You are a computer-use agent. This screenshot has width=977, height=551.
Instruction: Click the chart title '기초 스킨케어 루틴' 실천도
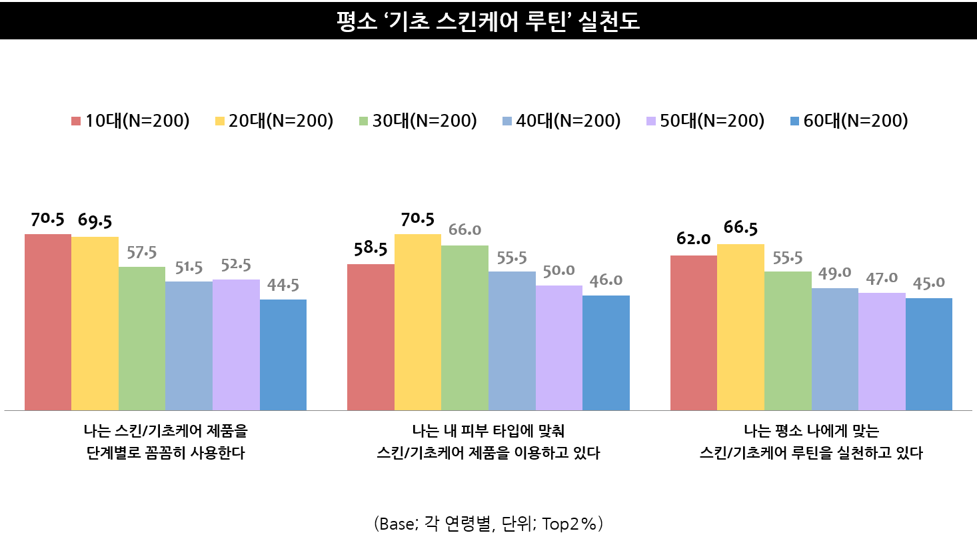(488, 21)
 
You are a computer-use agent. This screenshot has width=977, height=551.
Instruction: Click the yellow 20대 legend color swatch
(219, 121)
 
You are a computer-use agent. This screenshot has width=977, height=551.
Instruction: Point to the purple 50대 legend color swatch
(651, 121)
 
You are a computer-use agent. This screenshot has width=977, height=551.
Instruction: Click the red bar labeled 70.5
(48, 322)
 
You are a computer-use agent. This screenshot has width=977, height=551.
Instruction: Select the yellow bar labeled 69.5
(95, 324)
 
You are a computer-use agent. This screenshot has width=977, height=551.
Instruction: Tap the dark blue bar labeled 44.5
(283, 355)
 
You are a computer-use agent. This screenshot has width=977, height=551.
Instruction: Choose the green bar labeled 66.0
(465, 328)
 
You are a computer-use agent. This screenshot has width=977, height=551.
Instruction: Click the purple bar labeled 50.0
(558, 348)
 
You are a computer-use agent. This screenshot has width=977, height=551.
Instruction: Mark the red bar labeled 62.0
(694, 333)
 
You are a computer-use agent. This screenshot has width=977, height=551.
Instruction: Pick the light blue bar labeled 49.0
(835, 349)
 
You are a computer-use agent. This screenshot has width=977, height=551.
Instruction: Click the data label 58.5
(371, 249)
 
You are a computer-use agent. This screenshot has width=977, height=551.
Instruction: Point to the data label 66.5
(740, 228)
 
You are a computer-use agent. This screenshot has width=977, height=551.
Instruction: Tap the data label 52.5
(236, 265)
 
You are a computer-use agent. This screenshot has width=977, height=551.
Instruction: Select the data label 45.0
(929, 283)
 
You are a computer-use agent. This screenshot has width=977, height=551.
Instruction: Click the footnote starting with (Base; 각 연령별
(488, 524)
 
